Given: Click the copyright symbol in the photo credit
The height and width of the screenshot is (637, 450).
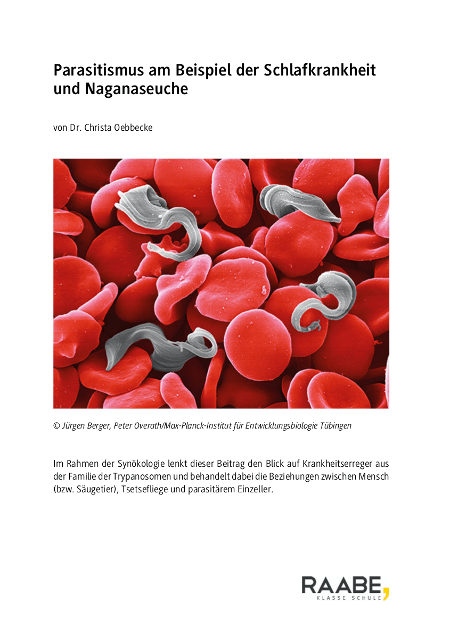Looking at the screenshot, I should click(x=56, y=426).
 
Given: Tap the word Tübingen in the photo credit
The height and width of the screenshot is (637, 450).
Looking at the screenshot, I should click(x=334, y=426).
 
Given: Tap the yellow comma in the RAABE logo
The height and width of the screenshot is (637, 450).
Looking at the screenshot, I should click(x=386, y=591).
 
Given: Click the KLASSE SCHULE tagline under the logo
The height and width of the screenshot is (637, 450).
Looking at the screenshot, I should click(x=349, y=598).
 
